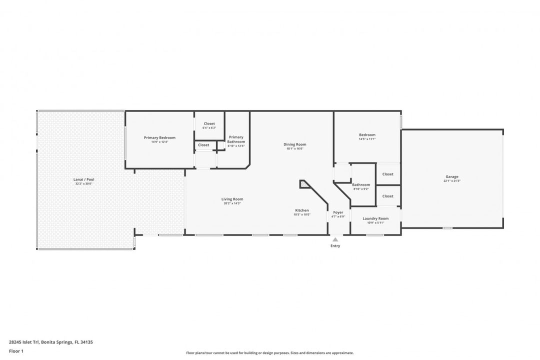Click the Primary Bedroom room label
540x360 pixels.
[159, 137]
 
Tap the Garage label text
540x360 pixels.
[452, 176]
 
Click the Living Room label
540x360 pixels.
[232, 199]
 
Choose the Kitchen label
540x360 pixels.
[302, 210]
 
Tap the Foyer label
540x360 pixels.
[338, 212]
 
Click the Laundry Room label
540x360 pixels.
[375, 218]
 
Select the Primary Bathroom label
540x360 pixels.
[236, 139]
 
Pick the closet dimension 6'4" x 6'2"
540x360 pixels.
[209, 128]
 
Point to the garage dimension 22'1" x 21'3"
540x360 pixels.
[452, 181]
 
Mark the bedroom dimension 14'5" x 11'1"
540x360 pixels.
[367, 139]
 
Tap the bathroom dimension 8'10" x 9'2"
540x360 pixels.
[361, 189]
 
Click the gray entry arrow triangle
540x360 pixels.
[335, 240]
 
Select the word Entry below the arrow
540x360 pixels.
[335, 246]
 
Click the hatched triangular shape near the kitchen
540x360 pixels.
[304, 184]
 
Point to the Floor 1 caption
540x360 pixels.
[16, 351]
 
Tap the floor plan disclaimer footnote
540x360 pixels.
[270, 353]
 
